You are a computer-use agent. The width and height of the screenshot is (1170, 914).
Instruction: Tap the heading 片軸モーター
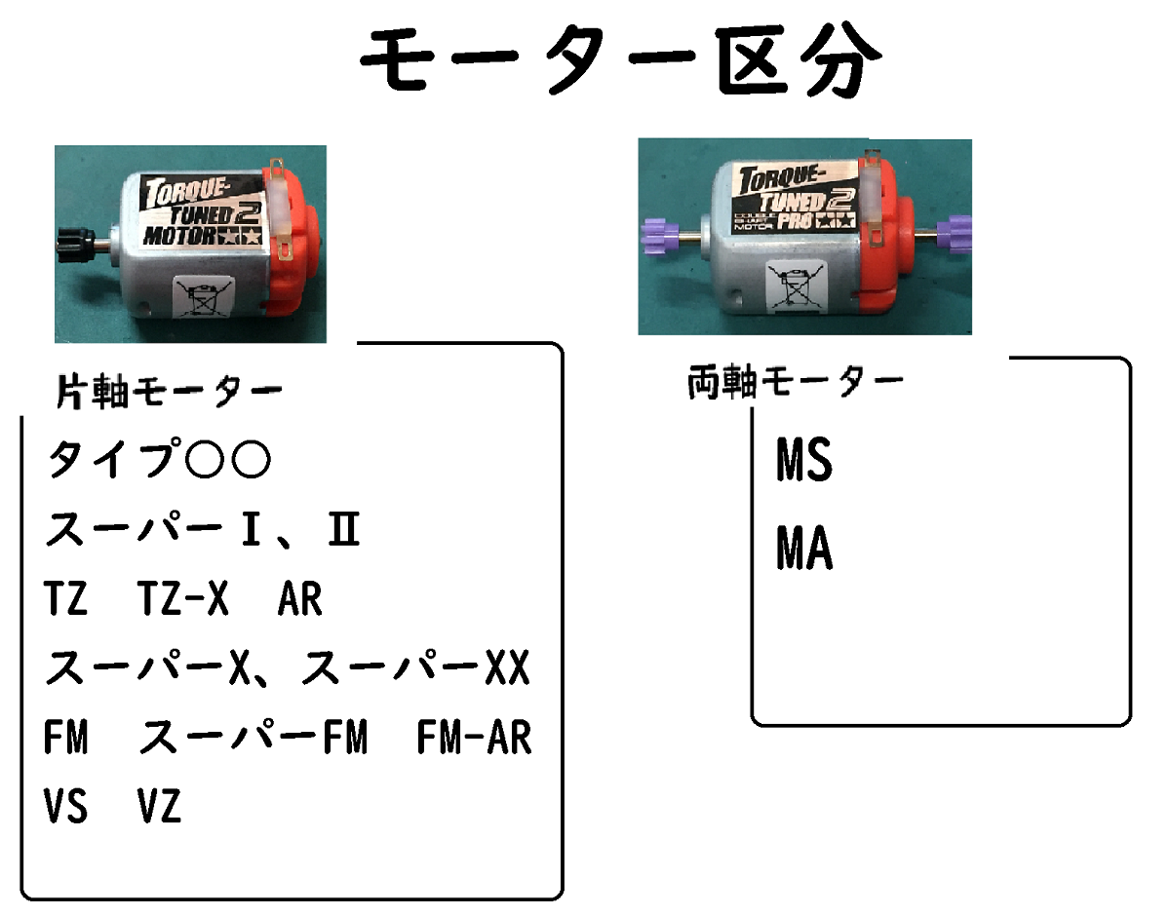(168, 392)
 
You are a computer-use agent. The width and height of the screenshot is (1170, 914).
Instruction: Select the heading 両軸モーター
(795, 383)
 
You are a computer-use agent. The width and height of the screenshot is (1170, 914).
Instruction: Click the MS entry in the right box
(804, 460)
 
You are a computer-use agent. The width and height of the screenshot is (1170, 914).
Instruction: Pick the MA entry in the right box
(804, 550)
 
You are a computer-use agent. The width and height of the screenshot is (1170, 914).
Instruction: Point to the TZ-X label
(183, 600)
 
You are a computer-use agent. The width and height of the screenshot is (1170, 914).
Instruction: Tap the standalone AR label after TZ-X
(299, 600)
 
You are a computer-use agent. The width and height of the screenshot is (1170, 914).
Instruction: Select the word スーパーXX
(414, 669)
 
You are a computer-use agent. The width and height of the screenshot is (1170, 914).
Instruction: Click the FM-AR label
(474, 739)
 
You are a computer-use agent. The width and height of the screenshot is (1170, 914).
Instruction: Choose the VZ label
(159, 808)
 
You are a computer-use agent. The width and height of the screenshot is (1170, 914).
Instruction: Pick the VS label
(65, 808)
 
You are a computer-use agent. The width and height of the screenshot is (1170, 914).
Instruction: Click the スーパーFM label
(253, 739)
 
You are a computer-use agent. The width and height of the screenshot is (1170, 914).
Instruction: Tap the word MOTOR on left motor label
(180, 235)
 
